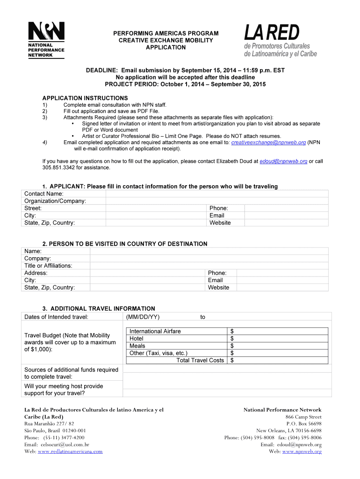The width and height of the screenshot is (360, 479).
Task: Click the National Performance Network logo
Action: (46, 40)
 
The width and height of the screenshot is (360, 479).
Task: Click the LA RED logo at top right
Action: (280, 41)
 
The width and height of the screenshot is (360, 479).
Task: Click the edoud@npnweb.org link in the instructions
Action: (283, 161)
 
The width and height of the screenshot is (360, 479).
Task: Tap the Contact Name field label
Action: (44, 194)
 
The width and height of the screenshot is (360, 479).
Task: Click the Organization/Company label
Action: (55, 201)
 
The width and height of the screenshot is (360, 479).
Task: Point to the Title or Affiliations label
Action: (48, 266)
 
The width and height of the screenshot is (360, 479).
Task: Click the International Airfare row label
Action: (155, 331)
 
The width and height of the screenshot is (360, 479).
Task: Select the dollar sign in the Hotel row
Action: (232, 338)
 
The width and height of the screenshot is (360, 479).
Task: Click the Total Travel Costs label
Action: (200, 360)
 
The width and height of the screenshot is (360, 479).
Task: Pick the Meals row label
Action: (137, 346)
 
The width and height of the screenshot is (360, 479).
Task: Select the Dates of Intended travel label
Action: (56, 317)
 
